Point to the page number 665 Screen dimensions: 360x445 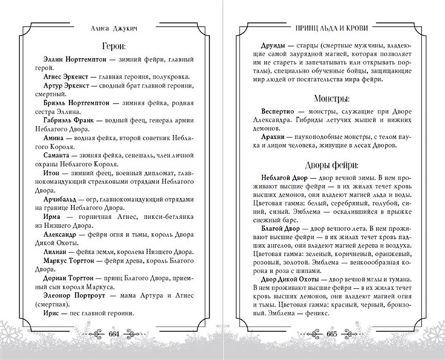point(334,336)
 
